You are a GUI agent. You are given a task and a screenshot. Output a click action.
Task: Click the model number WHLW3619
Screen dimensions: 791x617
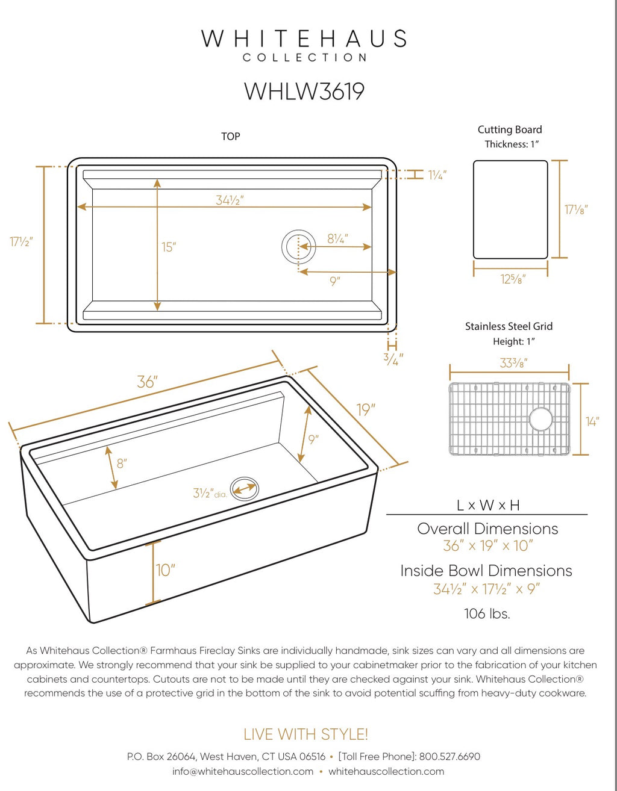point(304,92)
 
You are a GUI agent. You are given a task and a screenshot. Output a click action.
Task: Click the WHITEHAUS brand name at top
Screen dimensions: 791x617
point(304,39)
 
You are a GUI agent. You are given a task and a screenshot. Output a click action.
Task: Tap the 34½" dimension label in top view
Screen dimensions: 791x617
point(230,200)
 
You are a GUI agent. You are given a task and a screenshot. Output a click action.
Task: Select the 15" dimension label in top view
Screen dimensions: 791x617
point(169,247)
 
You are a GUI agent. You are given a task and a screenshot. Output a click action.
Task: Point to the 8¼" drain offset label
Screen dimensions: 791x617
point(337,239)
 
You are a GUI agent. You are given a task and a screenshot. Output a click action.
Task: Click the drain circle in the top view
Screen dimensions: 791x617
point(298,246)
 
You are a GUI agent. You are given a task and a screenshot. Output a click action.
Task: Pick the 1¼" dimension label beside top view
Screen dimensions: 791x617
point(437,175)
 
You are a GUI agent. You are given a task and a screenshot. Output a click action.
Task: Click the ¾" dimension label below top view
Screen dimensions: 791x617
point(393,359)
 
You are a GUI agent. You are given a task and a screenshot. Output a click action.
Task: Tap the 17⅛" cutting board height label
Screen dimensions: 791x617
point(576,209)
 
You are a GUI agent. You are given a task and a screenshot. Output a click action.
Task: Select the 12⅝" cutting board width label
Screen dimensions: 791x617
point(513,279)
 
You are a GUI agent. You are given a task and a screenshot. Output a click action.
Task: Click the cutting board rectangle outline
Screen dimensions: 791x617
point(510,209)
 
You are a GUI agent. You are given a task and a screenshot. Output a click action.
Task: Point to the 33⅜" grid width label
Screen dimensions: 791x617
point(513,363)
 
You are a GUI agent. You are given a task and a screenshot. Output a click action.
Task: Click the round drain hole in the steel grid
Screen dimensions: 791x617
point(540,419)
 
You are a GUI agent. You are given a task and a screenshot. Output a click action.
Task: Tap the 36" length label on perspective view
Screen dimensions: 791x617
point(147,382)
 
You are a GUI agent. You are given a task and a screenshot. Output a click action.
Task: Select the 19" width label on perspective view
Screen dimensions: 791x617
point(366,410)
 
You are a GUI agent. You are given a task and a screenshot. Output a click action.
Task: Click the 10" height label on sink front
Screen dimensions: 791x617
point(166,569)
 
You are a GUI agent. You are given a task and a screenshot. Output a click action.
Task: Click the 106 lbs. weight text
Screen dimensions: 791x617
point(487,613)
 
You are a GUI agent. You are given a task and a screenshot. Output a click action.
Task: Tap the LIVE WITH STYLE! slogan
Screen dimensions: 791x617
point(305,734)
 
